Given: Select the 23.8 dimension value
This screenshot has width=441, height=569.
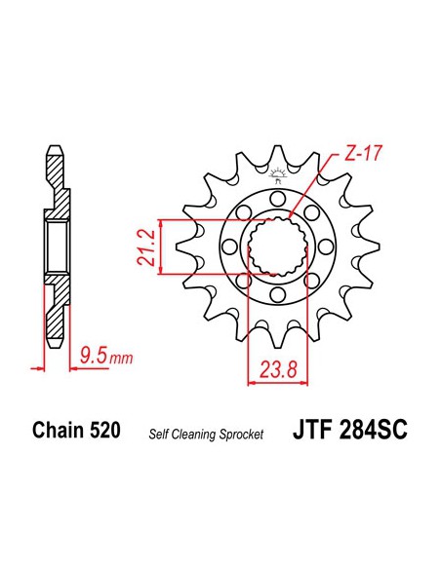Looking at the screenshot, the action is coord(279,369).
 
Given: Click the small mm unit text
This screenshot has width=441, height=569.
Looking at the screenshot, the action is coord(121,359).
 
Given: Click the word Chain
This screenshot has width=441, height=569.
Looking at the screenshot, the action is coord(58,431).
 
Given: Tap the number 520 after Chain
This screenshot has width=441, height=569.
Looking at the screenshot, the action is coord(104,431).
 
